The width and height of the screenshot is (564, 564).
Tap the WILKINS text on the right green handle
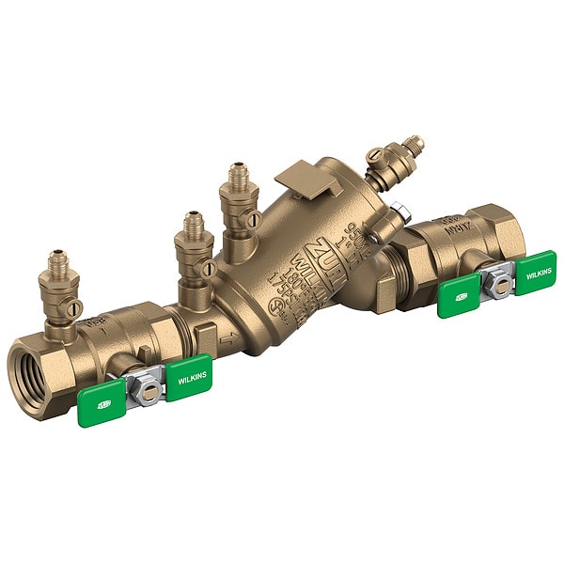pos(539,274)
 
